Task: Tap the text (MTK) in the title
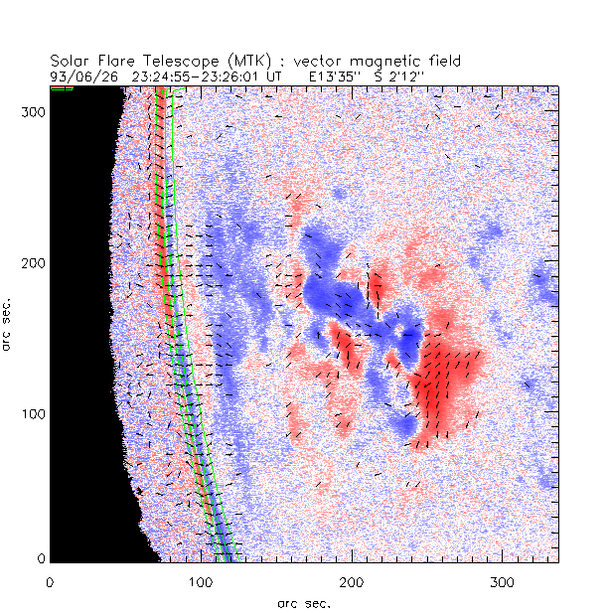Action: [216, 61]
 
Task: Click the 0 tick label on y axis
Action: [41, 558]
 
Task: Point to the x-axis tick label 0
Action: [50, 580]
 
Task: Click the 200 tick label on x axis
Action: [351, 580]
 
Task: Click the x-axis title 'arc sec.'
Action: [303, 602]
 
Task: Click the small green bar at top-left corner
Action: [62, 88]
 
